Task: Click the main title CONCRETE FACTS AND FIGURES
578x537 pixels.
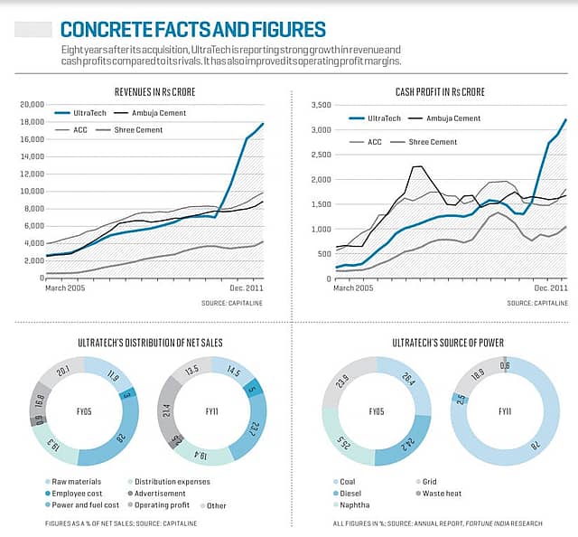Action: coord(192,29)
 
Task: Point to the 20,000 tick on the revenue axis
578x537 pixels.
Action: coord(31,105)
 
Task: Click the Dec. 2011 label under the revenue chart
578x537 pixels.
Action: coord(246,287)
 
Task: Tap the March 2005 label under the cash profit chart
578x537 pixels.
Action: coord(353,287)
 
